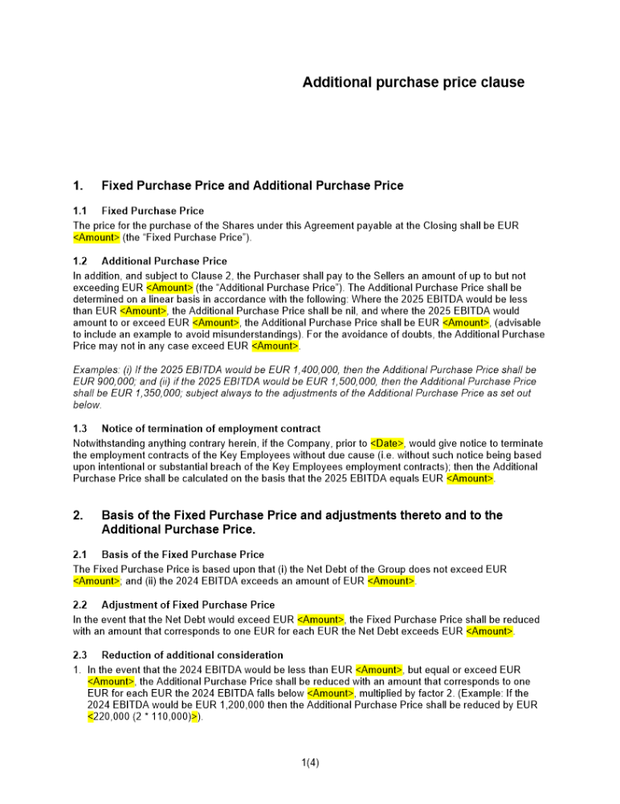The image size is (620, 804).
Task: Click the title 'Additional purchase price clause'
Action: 413,82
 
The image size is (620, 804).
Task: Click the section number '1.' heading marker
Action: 78,186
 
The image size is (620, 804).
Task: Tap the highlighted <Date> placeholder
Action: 387,443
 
